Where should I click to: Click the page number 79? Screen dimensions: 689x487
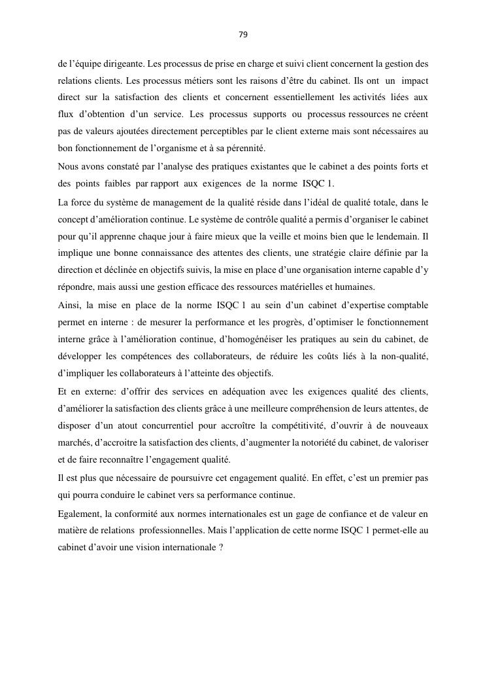243,35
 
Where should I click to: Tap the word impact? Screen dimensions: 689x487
415,81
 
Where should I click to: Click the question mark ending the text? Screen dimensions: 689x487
221,546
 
